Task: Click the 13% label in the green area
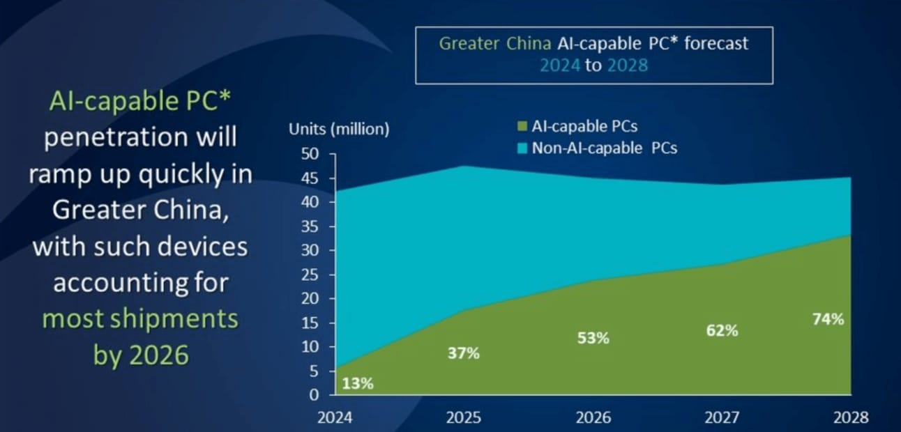point(358,383)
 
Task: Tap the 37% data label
point(463,354)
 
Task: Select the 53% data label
point(593,338)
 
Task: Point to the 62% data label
point(722,331)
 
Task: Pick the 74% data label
point(828,320)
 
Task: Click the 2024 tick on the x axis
point(335,417)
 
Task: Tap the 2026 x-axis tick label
point(593,417)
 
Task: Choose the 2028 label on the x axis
point(851,417)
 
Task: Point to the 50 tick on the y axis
point(309,155)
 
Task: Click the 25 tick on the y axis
point(309,275)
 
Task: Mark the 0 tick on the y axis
point(313,395)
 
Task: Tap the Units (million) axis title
point(339,129)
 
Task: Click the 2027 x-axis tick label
point(722,417)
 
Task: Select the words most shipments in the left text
point(140,319)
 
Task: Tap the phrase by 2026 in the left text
point(141,355)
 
